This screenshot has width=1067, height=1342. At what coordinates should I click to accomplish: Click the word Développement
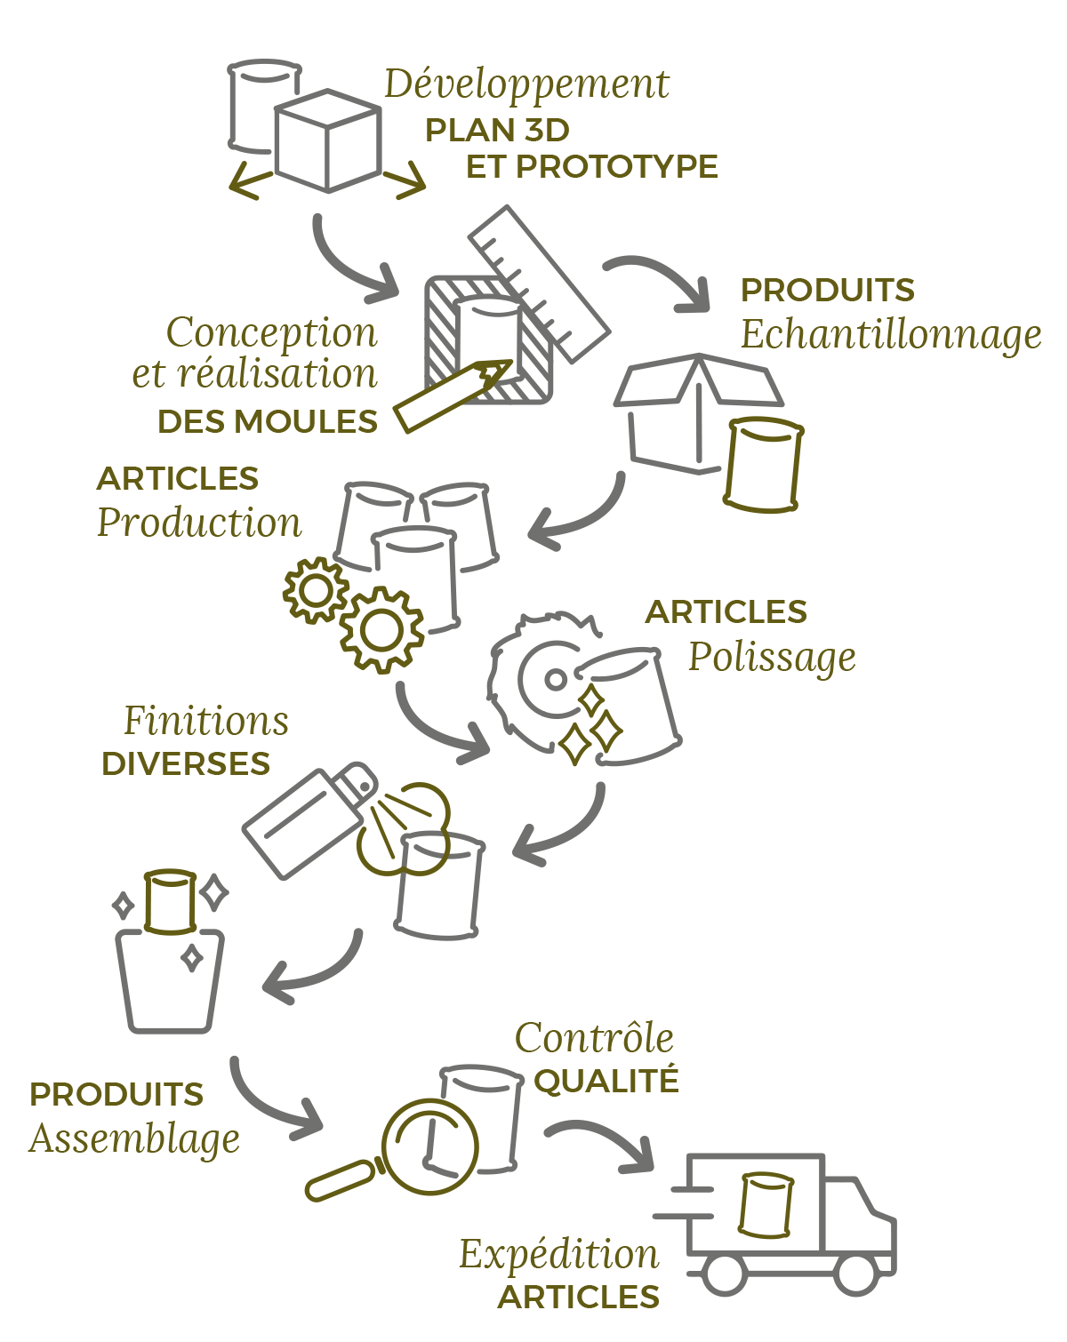[x=526, y=85]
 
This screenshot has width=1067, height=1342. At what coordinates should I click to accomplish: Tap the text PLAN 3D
[x=497, y=131]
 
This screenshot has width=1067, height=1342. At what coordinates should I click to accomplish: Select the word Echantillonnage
[x=890, y=335]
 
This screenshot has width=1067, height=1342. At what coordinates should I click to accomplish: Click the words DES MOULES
[x=268, y=421]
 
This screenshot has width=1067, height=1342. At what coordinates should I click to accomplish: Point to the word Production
[x=199, y=523]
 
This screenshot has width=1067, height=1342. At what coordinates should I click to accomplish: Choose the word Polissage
[x=772, y=658]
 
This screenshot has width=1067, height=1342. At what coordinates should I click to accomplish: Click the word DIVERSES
[x=186, y=764]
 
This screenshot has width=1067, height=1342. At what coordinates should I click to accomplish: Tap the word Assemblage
[x=134, y=1138]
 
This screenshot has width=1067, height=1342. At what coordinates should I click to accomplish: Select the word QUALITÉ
[x=606, y=1082]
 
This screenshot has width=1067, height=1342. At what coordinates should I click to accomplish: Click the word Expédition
[x=559, y=1255]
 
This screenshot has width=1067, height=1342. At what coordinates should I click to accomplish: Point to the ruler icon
[x=539, y=283]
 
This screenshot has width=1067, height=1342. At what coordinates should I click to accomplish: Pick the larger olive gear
[x=382, y=629]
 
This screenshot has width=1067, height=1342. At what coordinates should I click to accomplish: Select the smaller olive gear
[x=316, y=589]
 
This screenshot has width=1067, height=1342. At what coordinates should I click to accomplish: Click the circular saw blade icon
[x=538, y=680]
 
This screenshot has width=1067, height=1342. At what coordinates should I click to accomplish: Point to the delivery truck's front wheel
[x=856, y=1274]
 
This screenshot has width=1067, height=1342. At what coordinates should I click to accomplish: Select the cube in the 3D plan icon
[x=328, y=140]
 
